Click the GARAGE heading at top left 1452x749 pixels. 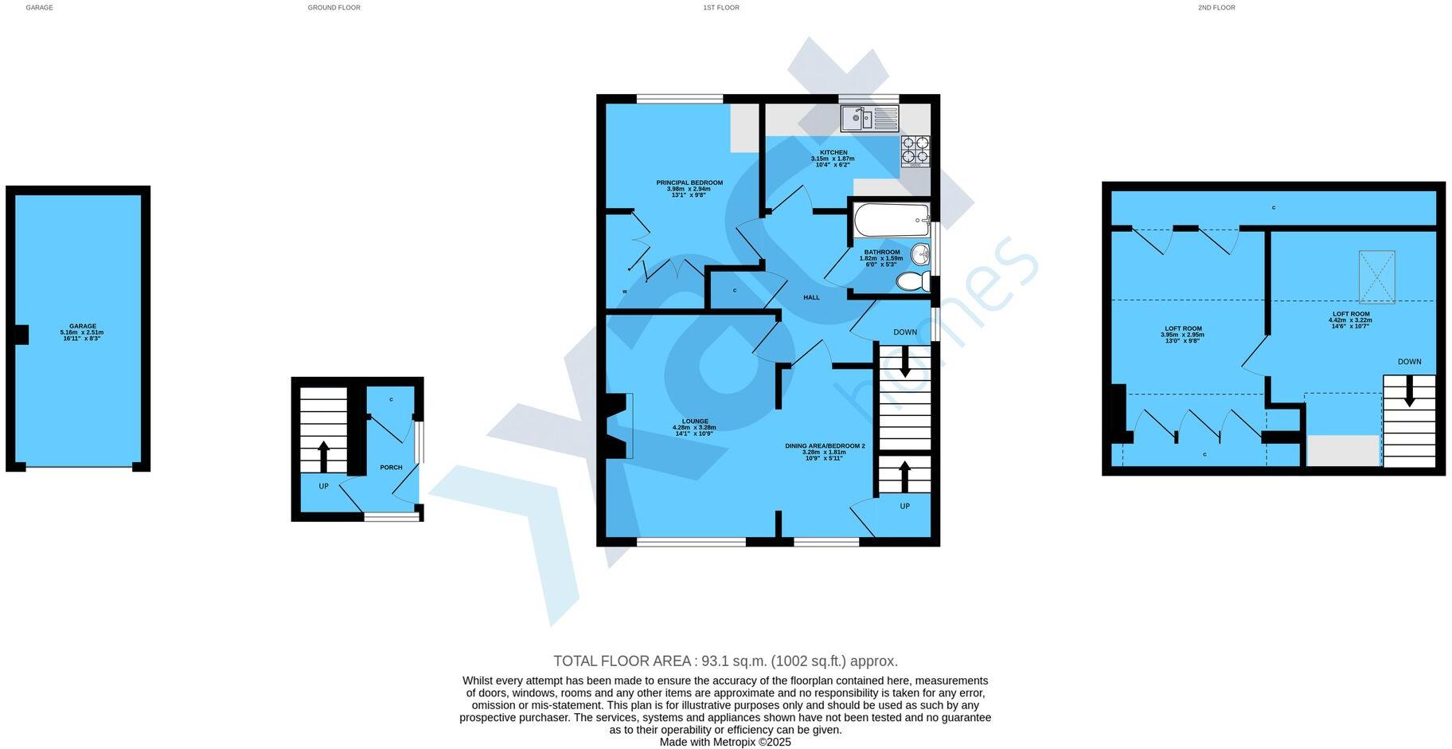[39, 7]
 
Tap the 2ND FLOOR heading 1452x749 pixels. [1216, 7]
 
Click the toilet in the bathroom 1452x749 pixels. [913, 280]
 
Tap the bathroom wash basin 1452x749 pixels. [920, 255]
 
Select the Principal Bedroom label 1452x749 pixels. [689, 182]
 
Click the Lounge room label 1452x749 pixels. [694, 421]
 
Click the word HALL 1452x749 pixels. [811, 297]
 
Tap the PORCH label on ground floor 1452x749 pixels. [391, 467]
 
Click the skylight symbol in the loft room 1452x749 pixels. [1376, 276]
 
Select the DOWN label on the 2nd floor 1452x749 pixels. [1409, 361]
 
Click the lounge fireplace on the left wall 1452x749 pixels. [619, 426]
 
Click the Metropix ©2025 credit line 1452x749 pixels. [725, 742]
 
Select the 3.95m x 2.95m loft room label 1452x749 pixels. [1182, 335]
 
